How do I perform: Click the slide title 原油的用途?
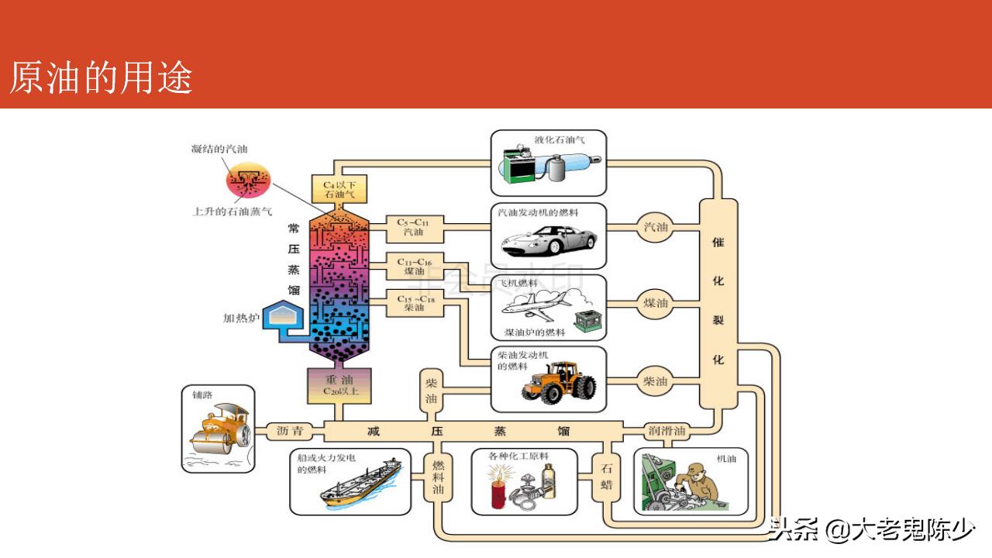pos(101,79)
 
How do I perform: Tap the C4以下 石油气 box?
pos(339,188)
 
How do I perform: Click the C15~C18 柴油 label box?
pos(415,303)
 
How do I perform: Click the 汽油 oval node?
pos(656,227)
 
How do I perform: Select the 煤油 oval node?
pos(656,303)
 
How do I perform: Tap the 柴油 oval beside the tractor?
pos(656,381)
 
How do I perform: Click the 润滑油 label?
pos(666,431)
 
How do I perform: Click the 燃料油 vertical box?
pos(439,476)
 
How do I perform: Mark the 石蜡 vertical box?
pos(607,476)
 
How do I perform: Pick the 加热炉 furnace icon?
pos(284,316)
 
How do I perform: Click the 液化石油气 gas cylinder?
pos(573,166)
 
